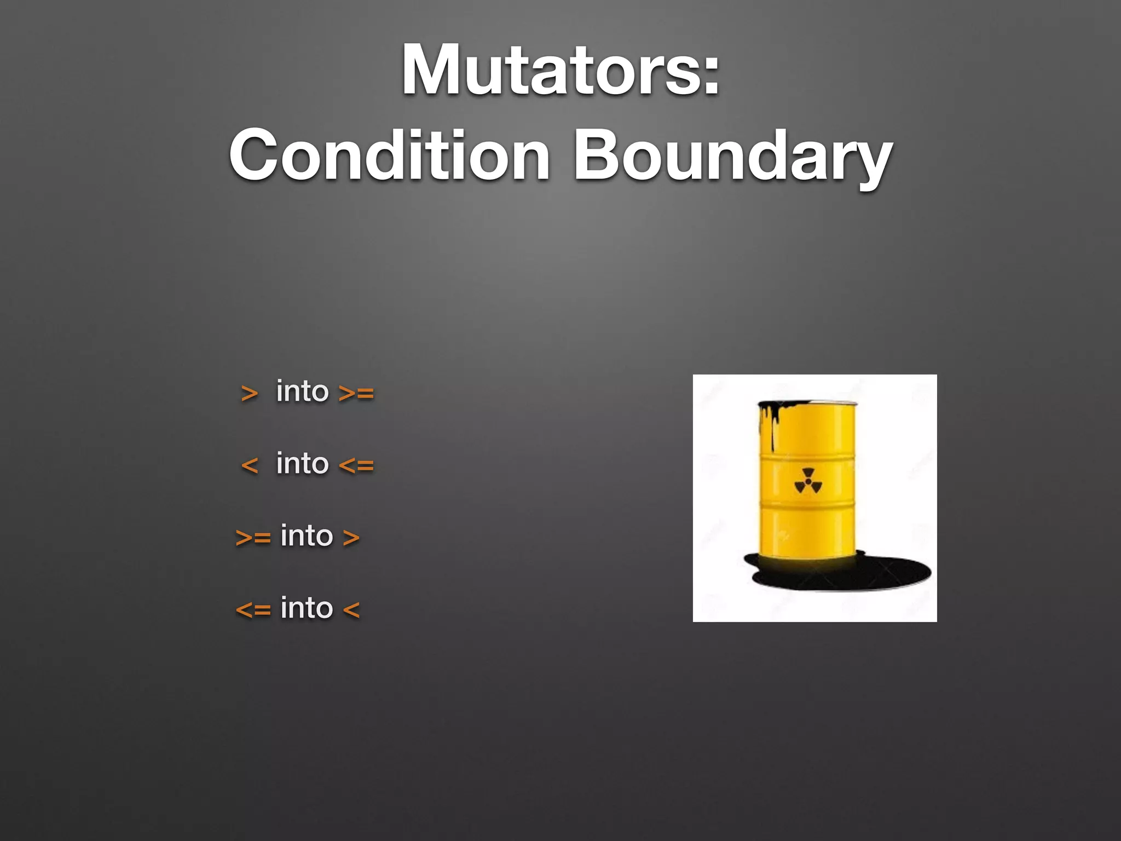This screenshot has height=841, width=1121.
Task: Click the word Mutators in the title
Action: click(x=550, y=71)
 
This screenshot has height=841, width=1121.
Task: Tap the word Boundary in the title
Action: click(x=732, y=158)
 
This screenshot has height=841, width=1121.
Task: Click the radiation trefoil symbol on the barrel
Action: click(x=808, y=481)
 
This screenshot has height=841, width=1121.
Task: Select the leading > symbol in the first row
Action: click(x=249, y=393)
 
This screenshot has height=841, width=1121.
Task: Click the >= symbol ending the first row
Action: click(x=356, y=393)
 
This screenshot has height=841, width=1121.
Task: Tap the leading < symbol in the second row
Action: click(x=249, y=465)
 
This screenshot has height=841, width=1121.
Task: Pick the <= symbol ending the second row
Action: click(x=356, y=465)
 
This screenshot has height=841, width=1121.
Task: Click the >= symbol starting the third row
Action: click(x=253, y=538)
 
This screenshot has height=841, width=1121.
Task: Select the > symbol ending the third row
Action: click(x=351, y=538)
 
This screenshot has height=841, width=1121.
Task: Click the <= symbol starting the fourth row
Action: click(x=253, y=609)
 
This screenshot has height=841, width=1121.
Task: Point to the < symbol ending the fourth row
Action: click(x=351, y=609)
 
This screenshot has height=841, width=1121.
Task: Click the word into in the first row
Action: click(x=302, y=391)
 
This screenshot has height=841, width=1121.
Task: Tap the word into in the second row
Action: click(x=302, y=463)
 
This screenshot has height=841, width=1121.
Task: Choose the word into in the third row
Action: click(x=307, y=535)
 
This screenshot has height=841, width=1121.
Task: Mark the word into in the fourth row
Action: click(x=307, y=608)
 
